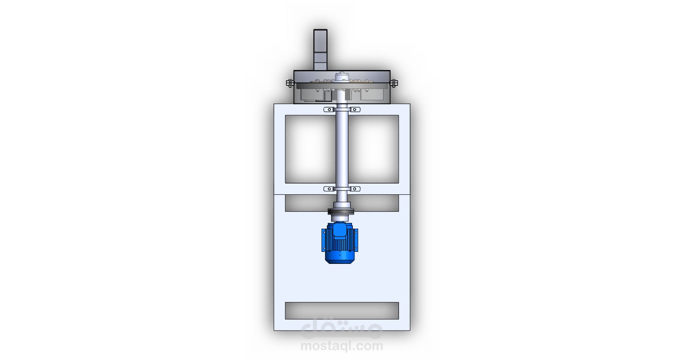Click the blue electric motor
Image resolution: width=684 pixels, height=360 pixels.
(340, 242)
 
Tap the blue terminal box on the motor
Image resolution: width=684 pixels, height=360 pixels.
(339, 230)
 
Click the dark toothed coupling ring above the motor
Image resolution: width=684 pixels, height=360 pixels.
(341, 212)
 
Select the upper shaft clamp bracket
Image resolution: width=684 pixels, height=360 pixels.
(342, 109)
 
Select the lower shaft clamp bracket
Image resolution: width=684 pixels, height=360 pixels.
(342, 189)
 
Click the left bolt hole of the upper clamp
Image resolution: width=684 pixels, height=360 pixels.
(329, 109)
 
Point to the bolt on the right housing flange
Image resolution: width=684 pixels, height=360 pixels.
(394, 83)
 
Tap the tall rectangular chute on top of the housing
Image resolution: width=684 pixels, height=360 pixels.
(320, 50)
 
